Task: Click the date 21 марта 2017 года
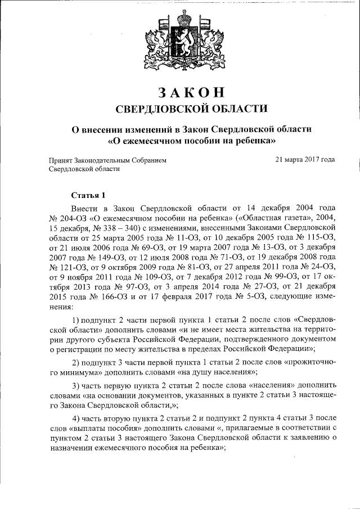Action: pyautogui.click(x=305, y=160)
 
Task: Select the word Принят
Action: pyautogui.click(x=62, y=160)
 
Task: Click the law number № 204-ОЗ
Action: pyautogui.click(x=69, y=217)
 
